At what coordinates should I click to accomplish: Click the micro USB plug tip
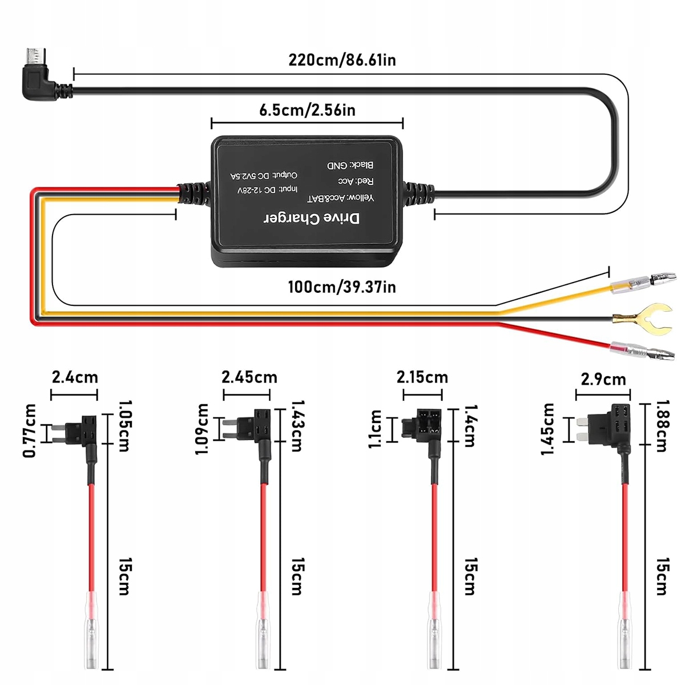point(34,56)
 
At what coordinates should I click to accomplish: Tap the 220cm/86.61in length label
point(342,60)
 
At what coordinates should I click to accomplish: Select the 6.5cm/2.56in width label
point(307,110)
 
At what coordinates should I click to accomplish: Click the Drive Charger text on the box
point(312,219)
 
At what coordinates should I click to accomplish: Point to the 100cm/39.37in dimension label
point(342,287)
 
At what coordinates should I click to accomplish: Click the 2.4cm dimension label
point(75,377)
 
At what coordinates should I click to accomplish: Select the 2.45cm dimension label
point(249,377)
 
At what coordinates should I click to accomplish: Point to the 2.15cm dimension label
point(422,377)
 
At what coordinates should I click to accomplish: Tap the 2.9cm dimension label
point(603,380)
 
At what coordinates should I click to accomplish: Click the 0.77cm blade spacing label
point(29,430)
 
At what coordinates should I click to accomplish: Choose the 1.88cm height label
point(661,426)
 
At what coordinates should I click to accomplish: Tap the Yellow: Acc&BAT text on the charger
point(341,198)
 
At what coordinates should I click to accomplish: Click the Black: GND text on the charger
point(350,166)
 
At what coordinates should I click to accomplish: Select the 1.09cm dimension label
point(202,429)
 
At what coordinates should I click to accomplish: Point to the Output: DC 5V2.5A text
point(264,176)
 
